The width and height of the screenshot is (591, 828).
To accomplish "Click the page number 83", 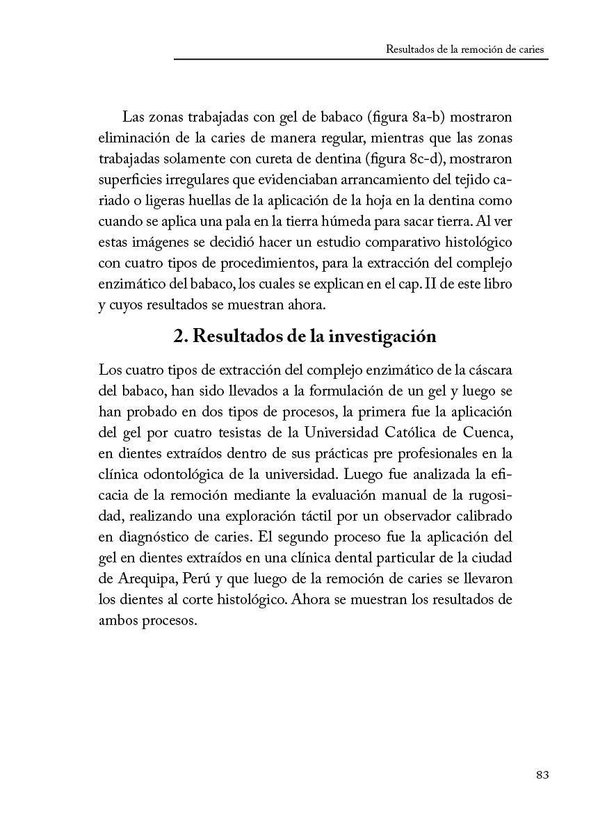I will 543,775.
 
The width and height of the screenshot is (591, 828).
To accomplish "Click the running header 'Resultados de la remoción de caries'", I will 466,50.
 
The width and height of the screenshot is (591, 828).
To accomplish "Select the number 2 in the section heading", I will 179,336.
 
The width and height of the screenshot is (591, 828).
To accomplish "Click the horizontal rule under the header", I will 361,60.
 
